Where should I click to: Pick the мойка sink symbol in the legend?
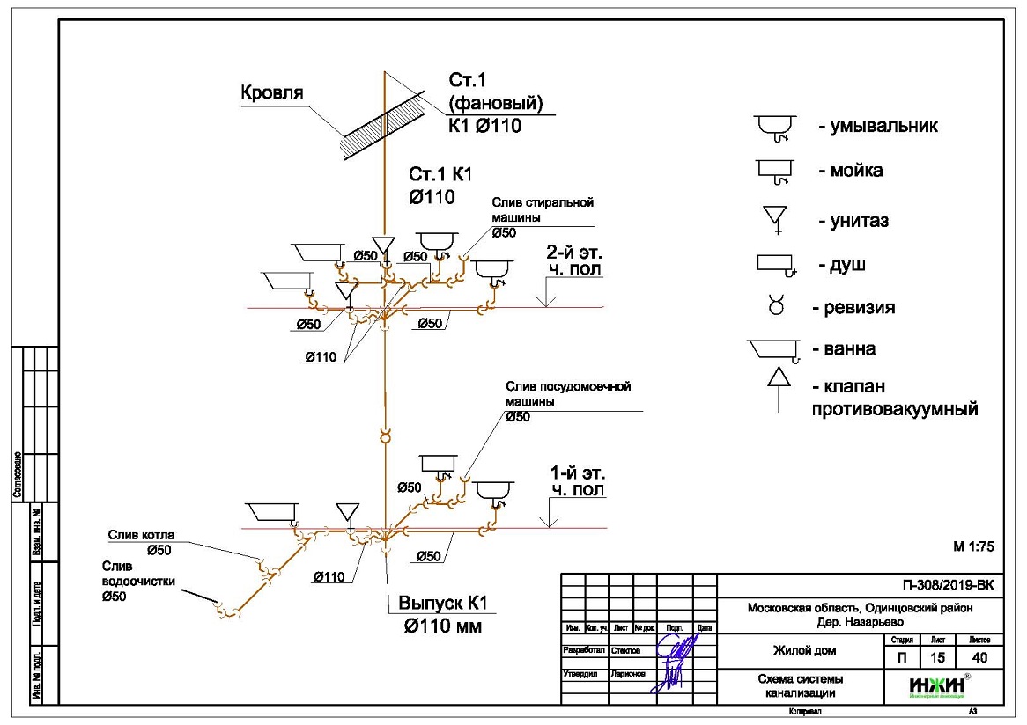(775, 171)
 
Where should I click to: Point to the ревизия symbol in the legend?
(776, 307)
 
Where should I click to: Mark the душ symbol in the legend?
(776, 264)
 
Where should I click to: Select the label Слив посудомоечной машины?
(568, 393)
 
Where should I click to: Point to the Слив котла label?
(141, 535)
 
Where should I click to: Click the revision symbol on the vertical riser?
(384, 436)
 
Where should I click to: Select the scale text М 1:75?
(973, 546)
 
